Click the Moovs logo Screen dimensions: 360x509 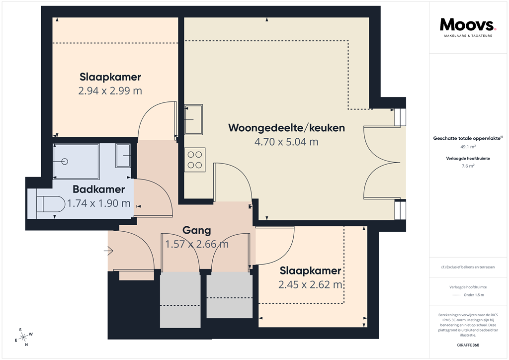[x=468, y=25]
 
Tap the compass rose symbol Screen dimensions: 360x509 [x=23, y=337]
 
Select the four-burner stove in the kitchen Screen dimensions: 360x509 [x=194, y=160]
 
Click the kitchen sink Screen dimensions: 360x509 [x=194, y=119]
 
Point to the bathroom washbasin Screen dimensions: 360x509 [x=123, y=156]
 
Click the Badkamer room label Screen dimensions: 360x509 [x=98, y=189]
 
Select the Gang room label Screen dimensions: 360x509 [x=196, y=231]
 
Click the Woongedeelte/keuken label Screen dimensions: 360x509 [x=286, y=128]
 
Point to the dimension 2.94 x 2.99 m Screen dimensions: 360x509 [x=110, y=90]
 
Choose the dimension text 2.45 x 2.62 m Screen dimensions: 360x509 [x=310, y=284]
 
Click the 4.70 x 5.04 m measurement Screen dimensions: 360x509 [x=286, y=142]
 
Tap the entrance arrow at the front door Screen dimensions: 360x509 [x=108, y=251]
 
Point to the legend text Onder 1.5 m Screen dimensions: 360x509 [x=474, y=295]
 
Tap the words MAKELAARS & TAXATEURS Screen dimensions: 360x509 [x=467, y=36]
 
